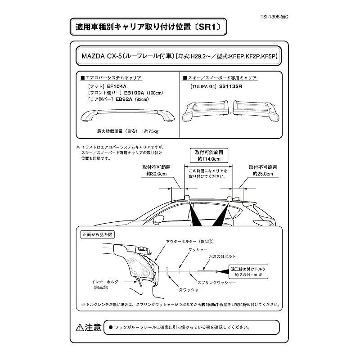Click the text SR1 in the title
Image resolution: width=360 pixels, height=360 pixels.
(208, 27)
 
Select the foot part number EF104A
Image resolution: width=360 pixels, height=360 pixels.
(117, 86)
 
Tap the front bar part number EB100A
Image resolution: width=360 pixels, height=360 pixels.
(134, 93)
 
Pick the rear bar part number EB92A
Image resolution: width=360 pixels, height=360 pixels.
(124, 99)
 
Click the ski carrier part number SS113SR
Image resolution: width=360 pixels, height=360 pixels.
(230, 86)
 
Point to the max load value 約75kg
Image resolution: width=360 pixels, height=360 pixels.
(151, 131)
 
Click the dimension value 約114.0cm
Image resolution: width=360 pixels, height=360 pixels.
(209, 159)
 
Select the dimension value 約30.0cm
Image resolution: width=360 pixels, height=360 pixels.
(156, 174)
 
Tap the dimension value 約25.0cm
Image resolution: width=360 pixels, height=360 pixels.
(263, 174)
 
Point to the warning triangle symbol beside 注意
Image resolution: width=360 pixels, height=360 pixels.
(80, 328)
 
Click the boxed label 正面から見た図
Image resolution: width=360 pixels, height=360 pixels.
(98, 234)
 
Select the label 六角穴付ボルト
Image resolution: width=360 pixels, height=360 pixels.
(222, 256)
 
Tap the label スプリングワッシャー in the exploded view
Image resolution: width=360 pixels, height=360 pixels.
(217, 283)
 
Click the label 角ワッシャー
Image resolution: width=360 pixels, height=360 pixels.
(190, 290)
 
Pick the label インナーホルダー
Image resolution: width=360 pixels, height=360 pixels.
(107, 282)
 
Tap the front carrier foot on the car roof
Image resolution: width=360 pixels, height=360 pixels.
(187, 198)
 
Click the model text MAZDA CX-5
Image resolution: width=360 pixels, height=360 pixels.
(102, 56)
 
